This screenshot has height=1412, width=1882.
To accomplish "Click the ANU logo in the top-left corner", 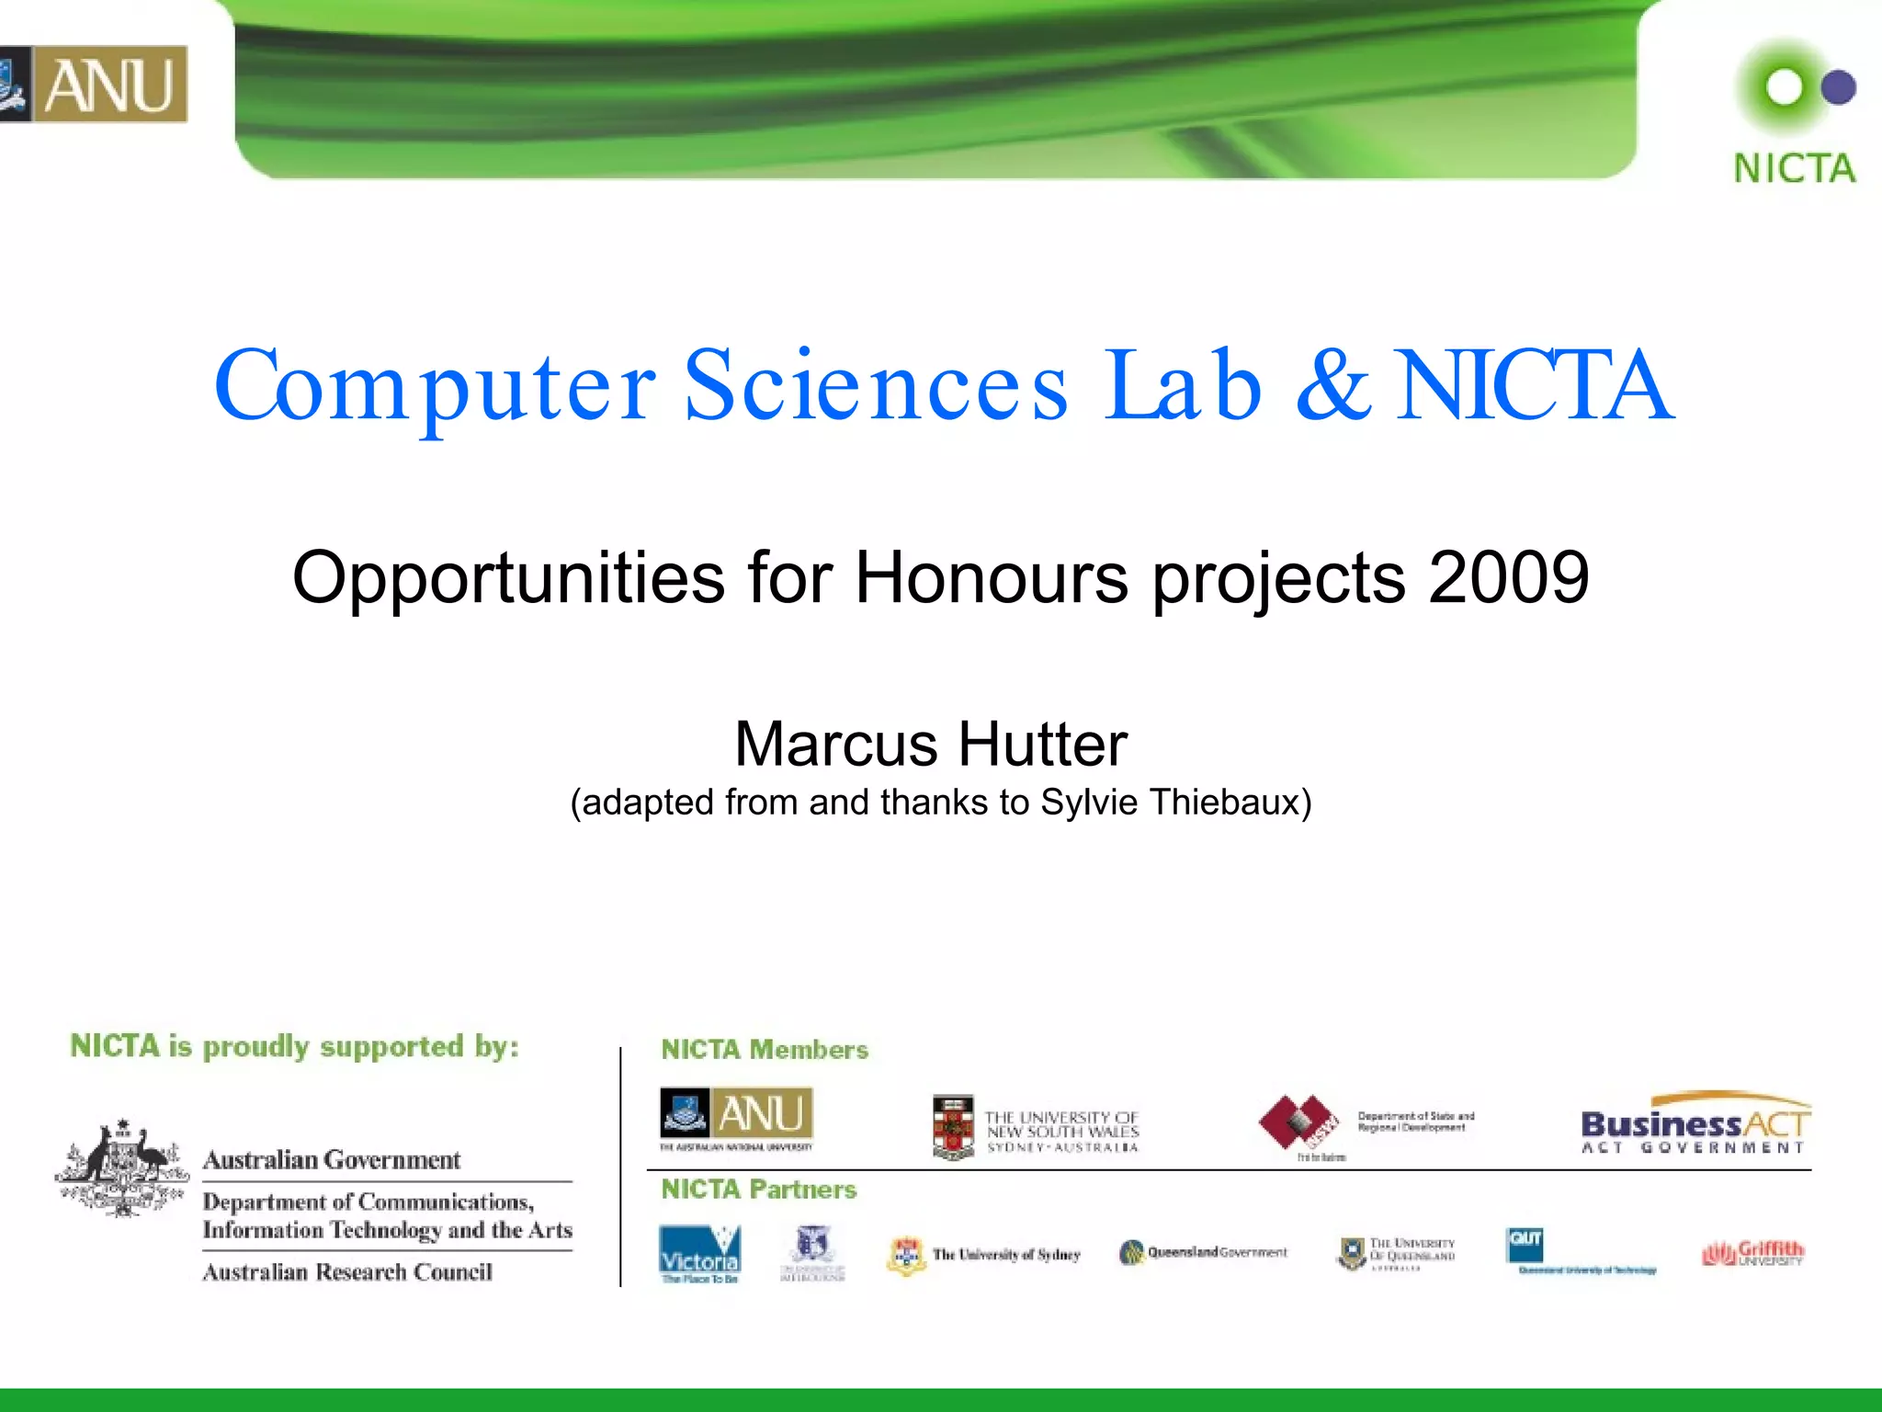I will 94,84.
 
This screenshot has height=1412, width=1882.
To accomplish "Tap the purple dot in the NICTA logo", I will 1838,88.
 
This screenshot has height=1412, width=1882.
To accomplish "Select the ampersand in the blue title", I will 1332,386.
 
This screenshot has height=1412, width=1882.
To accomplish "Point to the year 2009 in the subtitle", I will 1509,577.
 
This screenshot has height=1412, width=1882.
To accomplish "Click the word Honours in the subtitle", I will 992,577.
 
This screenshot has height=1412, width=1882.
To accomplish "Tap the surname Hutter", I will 1044,744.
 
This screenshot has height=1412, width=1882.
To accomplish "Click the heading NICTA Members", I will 765,1050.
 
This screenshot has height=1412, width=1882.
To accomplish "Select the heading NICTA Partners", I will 759,1190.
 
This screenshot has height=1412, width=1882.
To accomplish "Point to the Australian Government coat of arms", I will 122,1167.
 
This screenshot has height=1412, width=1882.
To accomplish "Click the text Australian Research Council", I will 347,1272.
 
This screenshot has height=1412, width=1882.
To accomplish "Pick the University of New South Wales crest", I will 953,1126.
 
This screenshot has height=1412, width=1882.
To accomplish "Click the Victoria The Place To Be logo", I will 700,1254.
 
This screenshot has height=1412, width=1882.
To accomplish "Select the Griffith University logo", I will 1753,1253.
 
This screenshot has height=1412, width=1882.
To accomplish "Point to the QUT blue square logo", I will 1525,1245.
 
